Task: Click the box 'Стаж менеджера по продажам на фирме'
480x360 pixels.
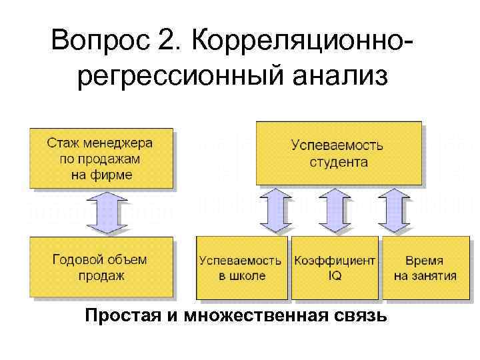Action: click(x=101, y=158)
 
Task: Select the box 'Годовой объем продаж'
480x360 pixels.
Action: click(x=101, y=267)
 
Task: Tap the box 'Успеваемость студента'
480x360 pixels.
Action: click(x=339, y=153)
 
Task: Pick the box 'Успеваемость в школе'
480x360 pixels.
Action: click(x=241, y=267)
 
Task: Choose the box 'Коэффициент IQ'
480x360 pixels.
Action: click(x=334, y=267)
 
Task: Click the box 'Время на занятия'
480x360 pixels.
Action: click(x=425, y=267)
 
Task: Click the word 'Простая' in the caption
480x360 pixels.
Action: click(x=126, y=315)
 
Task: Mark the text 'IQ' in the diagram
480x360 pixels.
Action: click(x=334, y=275)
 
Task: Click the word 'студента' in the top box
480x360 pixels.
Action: click(x=339, y=161)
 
